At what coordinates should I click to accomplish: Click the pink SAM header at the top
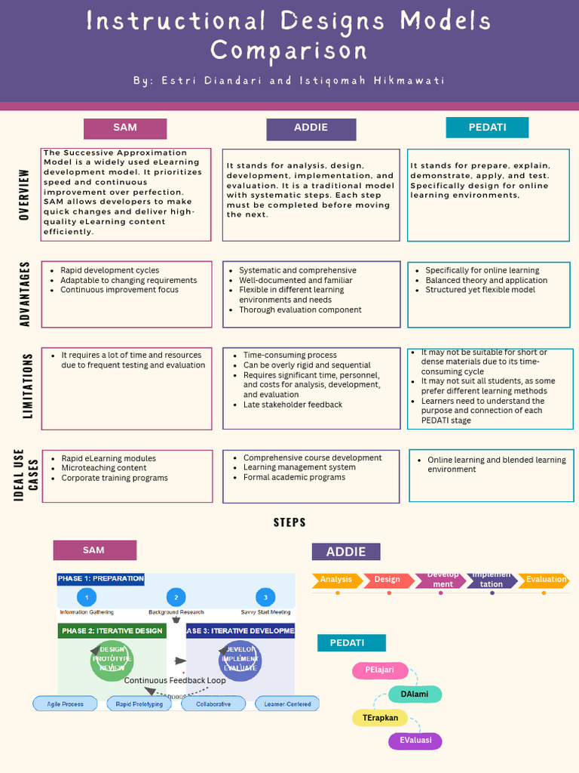(125, 128)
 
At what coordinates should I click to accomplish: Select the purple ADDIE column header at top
(311, 128)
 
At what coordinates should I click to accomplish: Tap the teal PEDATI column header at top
(487, 128)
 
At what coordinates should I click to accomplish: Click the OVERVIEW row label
(24, 194)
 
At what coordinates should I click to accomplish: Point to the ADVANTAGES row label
(24, 294)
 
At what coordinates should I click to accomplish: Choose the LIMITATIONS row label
(28, 386)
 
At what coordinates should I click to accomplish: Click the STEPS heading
(289, 522)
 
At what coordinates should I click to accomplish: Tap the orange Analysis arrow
(335, 580)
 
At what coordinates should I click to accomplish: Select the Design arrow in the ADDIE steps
(388, 580)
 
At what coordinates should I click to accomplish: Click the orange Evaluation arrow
(544, 580)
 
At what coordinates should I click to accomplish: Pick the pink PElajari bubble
(380, 670)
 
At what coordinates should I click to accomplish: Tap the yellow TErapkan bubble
(380, 718)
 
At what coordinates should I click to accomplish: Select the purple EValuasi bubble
(415, 741)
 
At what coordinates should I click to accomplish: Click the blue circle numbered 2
(176, 597)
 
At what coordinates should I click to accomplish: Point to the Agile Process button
(65, 704)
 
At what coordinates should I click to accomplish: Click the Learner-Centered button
(287, 704)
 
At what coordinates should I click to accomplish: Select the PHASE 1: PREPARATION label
(100, 579)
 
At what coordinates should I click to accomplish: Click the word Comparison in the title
(289, 51)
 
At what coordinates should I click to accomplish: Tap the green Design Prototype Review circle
(112, 659)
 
